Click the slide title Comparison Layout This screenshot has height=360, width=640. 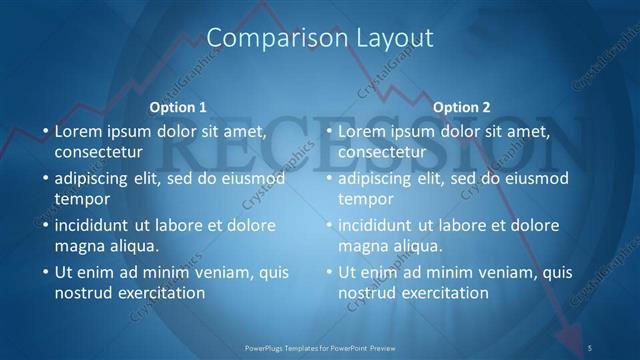[320, 38]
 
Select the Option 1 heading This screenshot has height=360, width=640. [178, 107]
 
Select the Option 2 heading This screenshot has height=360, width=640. [462, 107]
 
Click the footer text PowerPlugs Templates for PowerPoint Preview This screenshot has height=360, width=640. [320, 347]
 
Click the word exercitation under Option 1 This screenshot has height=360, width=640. [161, 293]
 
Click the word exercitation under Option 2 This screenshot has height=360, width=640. [445, 293]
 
